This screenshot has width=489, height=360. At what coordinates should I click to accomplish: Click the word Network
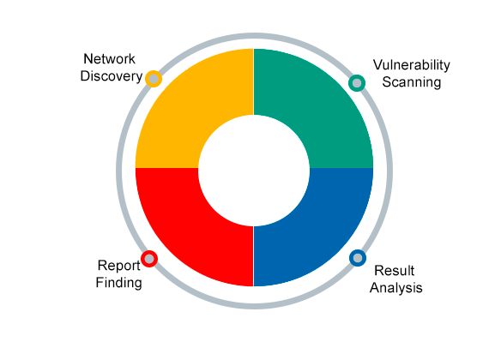[109, 59]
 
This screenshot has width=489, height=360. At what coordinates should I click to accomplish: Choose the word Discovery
[112, 76]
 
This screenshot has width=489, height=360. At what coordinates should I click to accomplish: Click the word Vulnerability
[412, 65]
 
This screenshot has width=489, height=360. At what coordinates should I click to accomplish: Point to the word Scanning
[412, 82]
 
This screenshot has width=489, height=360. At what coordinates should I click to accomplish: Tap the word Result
[394, 271]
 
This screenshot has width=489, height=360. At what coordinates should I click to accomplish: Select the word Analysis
[396, 288]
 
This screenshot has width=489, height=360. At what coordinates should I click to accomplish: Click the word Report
[119, 266]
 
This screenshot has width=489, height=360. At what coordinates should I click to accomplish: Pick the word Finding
[119, 283]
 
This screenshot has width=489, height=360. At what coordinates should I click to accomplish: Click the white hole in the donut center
[254, 171]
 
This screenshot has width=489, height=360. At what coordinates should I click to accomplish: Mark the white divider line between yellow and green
[254, 82]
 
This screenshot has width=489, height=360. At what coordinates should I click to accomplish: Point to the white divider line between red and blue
[254, 256]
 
